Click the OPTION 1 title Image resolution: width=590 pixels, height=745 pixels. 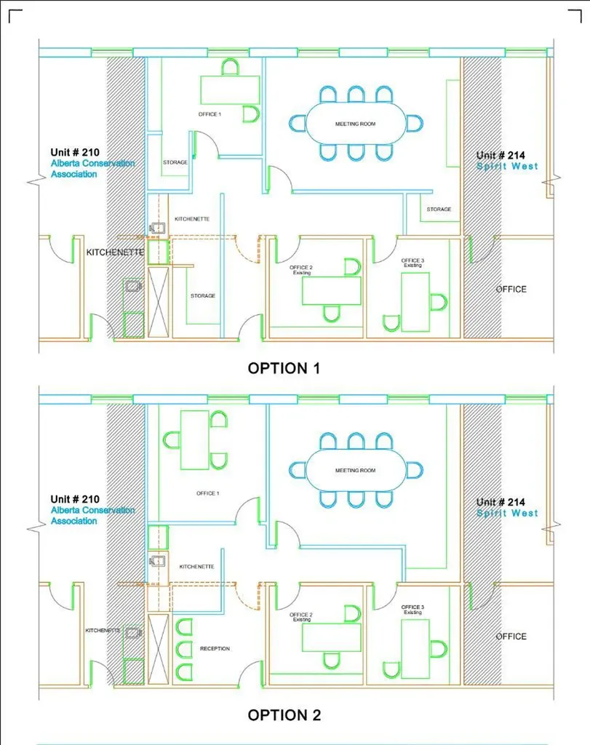point(284,368)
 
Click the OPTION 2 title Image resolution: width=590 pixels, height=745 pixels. point(284,715)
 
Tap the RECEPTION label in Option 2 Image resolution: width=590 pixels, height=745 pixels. point(215,648)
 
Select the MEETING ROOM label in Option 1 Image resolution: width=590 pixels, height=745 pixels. point(355,124)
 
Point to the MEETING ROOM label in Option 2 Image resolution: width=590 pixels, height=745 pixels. point(355,471)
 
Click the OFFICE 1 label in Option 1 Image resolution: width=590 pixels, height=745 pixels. point(210,114)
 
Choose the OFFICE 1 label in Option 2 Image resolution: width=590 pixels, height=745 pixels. point(207,494)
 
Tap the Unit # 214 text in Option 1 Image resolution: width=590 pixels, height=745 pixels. point(501,156)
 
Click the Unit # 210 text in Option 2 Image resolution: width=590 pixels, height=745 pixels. point(75,499)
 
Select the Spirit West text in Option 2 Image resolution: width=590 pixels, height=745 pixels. point(507,513)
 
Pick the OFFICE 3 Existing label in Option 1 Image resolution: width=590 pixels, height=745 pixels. point(412,263)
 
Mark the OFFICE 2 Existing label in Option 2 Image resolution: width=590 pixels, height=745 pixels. point(301,617)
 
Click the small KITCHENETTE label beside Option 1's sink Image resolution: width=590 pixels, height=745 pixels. point(192,219)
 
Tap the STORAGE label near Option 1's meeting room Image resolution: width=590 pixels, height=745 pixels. point(439,209)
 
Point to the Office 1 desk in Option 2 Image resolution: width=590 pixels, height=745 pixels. point(195,440)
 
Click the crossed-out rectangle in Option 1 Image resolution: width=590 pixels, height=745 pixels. point(158,302)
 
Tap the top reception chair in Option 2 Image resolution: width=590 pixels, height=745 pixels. point(184,626)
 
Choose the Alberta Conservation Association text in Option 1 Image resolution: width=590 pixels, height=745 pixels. point(92,169)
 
